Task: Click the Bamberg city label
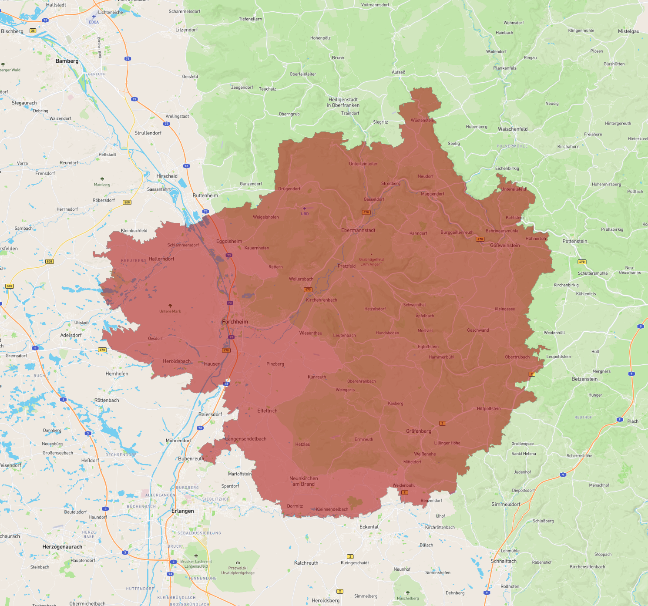tap(67, 61)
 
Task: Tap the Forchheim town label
tap(235, 322)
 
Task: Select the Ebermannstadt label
tap(358, 230)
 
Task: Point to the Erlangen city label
tap(183, 511)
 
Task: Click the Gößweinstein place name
tap(505, 246)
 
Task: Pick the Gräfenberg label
tap(419, 431)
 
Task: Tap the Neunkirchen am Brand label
tap(304, 481)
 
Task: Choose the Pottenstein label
tap(574, 241)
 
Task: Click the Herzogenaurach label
tap(62, 547)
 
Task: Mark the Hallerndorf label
tap(161, 259)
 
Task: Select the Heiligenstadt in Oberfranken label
tap(343, 102)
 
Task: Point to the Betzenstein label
tap(584, 379)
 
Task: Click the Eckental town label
tap(369, 527)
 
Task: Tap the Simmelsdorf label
tap(506, 504)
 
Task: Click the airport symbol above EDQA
tap(94, 17)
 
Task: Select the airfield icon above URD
tap(305, 209)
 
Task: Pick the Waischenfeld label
tap(513, 129)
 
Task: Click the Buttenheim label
tap(205, 195)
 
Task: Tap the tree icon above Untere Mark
tap(170, 306)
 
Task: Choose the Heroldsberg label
tap(326, 600)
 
